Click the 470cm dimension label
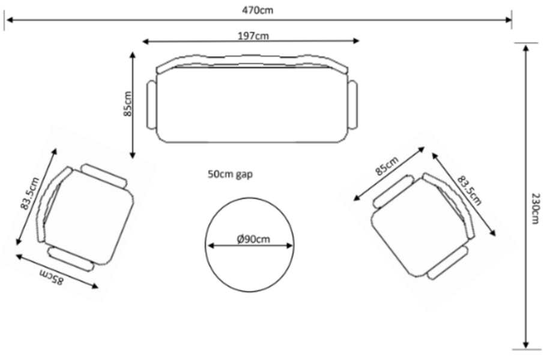click(x=258, y=10)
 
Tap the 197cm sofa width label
click(x=253, y=36)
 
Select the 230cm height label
click(x=535, y=208)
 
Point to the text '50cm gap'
click(x=230, y=174)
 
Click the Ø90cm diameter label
click(x=253, y=239)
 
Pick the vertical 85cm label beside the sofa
click(x=127, y=104)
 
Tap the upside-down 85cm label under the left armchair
click(x=52, y=276)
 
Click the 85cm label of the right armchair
click(x=387, y=166)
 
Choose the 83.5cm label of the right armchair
click(x=470, y=190)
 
